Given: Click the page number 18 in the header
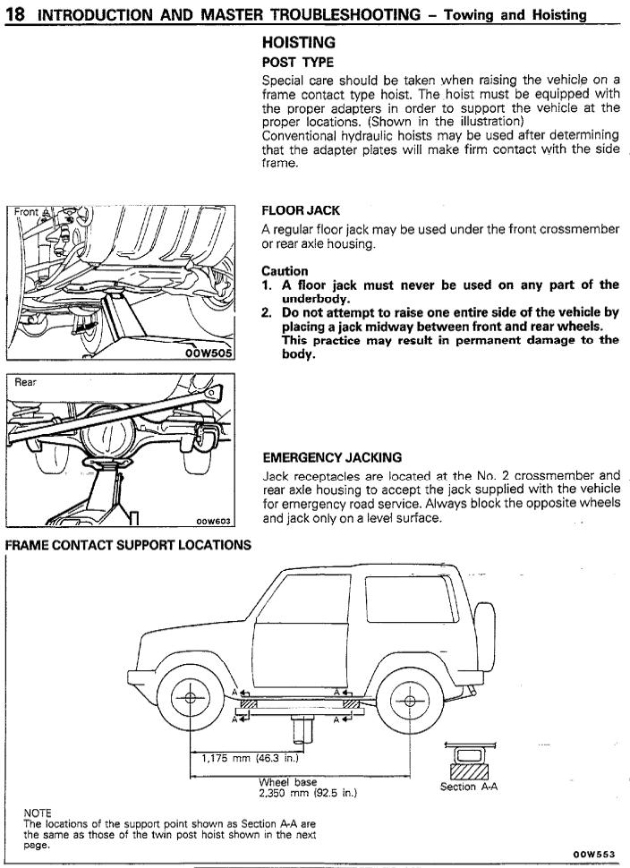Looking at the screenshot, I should tap(14, 13).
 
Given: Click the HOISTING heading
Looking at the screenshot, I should tap(299, 42).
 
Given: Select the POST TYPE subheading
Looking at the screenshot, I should tap(297, 63).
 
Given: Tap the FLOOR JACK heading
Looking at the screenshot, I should tap(301, 211).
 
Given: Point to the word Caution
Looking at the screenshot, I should tap(285, 271).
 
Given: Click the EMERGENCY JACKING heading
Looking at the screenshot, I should tap(331, 457).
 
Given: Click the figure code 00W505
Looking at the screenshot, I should tap(209, 353).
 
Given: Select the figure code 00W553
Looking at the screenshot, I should tap(595, 854).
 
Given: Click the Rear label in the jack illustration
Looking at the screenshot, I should tap(26, 382).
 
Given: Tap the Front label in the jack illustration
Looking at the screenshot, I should tap(27, 212).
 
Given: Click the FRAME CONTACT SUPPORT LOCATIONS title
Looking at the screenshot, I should tap(128, 545).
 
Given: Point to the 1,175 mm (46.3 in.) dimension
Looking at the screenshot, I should tap(240, 759).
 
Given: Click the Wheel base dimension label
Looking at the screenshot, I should tap(288, 781).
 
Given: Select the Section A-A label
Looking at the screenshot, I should tap(469, 787).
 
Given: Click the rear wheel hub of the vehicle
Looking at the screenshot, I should tap(411, 700).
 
